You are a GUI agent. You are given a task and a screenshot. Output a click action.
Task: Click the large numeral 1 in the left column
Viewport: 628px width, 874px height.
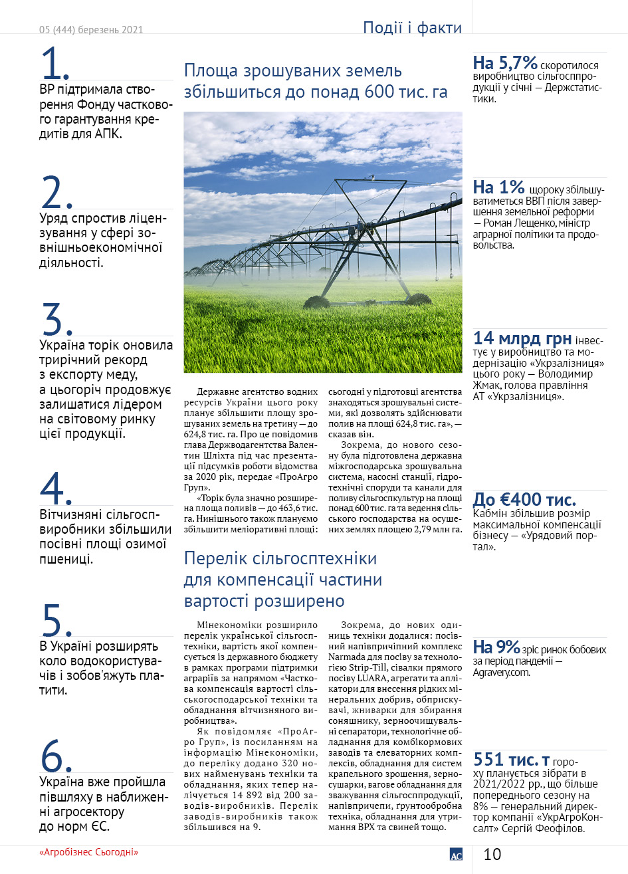coord(52,64)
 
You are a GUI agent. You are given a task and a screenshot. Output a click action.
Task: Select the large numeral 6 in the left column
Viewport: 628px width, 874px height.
coord(53,755)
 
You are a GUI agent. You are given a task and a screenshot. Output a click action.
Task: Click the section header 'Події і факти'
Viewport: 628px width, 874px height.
coord(412,28)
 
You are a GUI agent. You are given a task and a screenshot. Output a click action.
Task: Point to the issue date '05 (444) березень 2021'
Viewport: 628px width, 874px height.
coord(91,29)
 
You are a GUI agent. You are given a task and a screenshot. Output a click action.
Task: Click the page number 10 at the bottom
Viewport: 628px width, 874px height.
coord(492,854)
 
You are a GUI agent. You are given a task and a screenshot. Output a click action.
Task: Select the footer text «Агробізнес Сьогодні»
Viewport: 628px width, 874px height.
coord(88,852)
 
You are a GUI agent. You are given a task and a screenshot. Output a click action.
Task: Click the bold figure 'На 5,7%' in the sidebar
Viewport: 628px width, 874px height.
coord(505,63)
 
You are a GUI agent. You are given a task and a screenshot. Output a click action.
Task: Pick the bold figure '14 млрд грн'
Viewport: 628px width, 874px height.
coord(522,338)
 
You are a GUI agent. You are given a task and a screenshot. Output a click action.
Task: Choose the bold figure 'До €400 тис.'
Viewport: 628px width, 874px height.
coord(524,500)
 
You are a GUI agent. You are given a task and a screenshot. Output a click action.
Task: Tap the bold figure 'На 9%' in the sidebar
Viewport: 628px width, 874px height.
coord(496,647)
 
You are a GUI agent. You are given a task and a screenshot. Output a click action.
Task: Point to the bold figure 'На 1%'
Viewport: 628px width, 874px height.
coord(499,187)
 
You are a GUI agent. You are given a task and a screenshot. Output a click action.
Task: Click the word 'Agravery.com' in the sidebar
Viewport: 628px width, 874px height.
coord(502,672)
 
